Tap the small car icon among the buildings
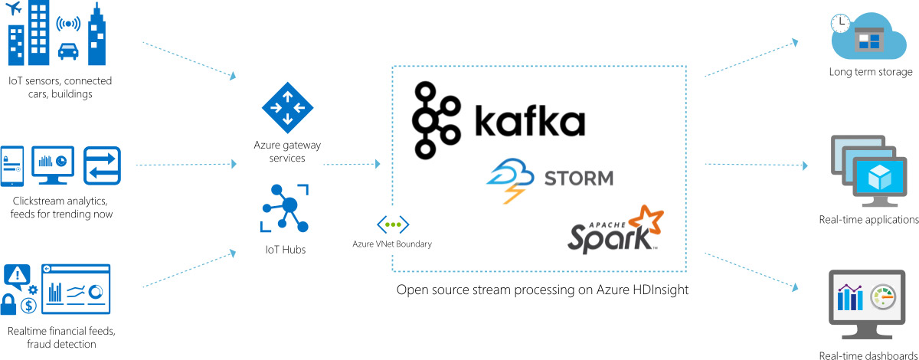(x=67, y=50)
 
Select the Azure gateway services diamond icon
(x=287, y=108)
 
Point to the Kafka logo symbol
(x=436, y=120)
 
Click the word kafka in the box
(x=528, y=123)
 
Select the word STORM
(x=579, y=179)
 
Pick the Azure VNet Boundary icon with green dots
(x=392, y=224)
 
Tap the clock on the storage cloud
(x=841, y=22)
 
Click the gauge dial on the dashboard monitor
(x=883, y=296)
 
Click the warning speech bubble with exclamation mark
(x=17, y=273)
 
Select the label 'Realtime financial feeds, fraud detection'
(x=62, y=338)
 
